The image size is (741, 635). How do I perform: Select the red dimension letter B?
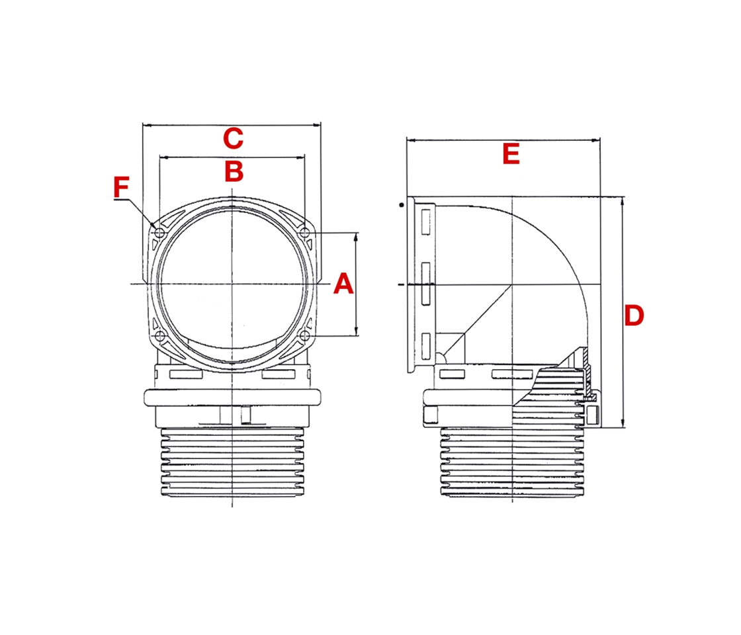234,171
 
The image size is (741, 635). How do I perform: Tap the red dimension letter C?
233,139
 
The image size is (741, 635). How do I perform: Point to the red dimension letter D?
634,316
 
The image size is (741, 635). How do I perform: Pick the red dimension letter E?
511,155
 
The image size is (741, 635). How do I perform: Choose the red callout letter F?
120,188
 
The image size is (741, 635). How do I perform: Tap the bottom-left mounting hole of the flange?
159,336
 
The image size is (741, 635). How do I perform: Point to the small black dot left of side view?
401,206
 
